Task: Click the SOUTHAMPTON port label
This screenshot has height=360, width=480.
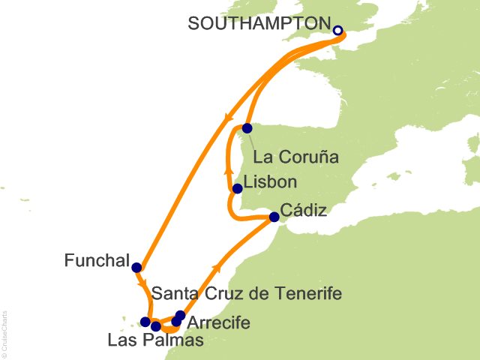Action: tap(258, 23)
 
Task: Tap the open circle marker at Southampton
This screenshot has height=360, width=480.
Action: tap(337, 31)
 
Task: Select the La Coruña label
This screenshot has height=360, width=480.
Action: tap(296, 157)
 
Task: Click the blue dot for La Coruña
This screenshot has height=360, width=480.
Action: tap(247, 128)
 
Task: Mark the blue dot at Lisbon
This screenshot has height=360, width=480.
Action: tap(238, 189)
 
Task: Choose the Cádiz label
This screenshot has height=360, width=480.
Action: tap(303, 211)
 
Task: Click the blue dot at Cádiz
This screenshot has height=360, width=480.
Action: tap(274, 217)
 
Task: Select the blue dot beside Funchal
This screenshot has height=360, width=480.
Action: tap(136, 267)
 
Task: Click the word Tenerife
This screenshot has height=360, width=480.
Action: tap(309, 294)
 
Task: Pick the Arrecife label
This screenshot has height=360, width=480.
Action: tap(218, 323)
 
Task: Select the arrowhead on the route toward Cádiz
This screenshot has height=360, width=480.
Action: tap(218, 266)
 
